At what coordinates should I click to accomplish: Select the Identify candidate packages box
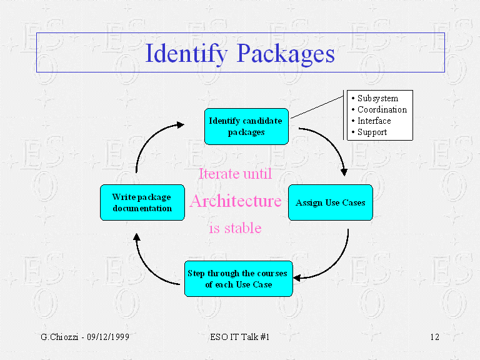[246, 126]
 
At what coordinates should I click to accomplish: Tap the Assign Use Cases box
[331, 202]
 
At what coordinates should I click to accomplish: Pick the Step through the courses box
[239, 279]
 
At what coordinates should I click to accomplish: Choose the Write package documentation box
[142, 202]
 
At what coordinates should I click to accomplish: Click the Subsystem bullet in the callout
[375, 98]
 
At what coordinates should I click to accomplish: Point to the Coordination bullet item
[379, 109]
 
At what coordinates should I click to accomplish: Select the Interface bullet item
[371, 121]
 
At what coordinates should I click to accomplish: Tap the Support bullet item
[369, 132]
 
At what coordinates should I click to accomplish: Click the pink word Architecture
[236, 201]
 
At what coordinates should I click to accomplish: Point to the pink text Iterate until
[236, 174]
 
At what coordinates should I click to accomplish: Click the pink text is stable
[236, 228]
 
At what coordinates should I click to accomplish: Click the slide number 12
[435, 337]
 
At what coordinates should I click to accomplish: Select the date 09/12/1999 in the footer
[108, 337]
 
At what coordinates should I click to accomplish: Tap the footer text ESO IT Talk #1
[240, 337]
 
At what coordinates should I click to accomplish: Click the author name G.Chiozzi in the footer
[59, 337]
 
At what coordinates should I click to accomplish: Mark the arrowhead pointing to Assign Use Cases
[344, 172]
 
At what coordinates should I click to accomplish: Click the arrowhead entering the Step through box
[297, 278]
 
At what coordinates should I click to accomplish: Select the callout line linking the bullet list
[317, 107]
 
